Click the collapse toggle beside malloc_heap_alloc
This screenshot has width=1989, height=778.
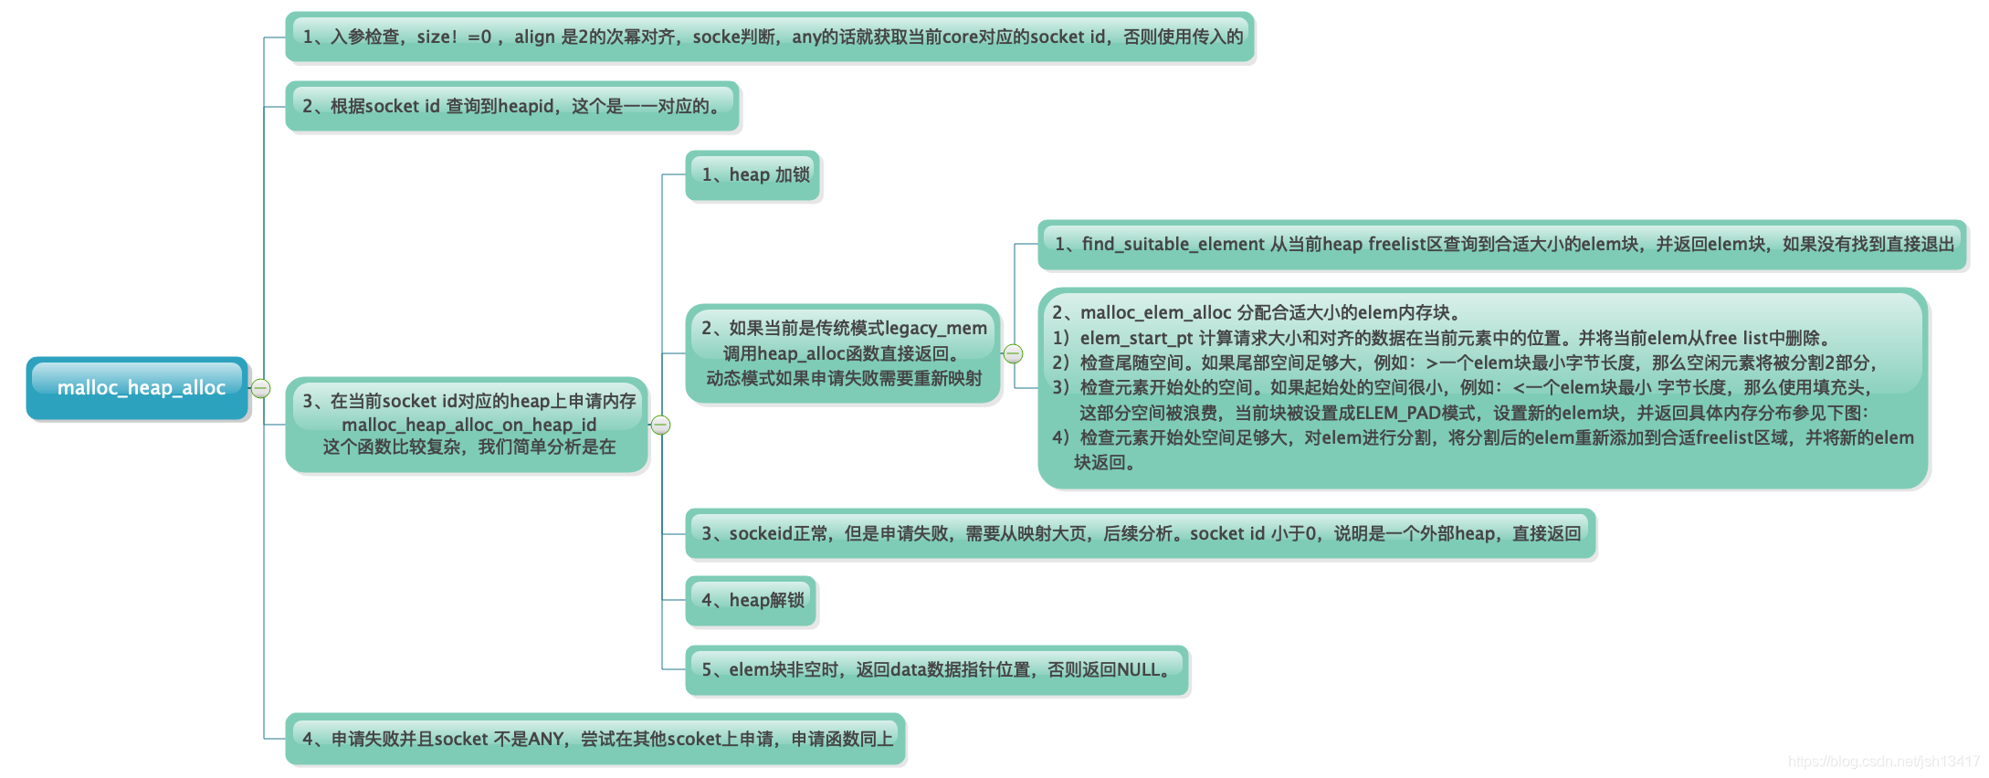pyautogui.click(x=260, y=388)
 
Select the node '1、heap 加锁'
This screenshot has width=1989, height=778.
pyautogui.click(x=753, y=174)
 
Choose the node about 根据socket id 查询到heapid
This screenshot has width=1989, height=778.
pyautogui.click(x=511, y=106)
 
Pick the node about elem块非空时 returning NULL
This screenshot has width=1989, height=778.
pyautogui.click(x=936, y=669)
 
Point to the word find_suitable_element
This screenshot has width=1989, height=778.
pyautogui.click(x=1173, y=244)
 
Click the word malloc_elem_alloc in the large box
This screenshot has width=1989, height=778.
pyautogui.click(x=1155, y=312)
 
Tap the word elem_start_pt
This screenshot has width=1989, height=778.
pyautogui.click(x=1136, y=338)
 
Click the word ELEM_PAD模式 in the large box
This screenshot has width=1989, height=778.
pyautogui.click(x=1415, y=413)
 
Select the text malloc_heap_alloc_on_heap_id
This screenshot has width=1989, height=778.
pyautogui.click(x=468, y=425)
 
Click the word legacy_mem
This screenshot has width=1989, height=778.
pyautogui.click(x=936, y=328)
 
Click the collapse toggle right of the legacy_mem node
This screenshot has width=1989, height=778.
pyautogui.click(x=1013, y=353)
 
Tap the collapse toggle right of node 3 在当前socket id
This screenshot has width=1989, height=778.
pyautogui.click(x=660, y=425)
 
